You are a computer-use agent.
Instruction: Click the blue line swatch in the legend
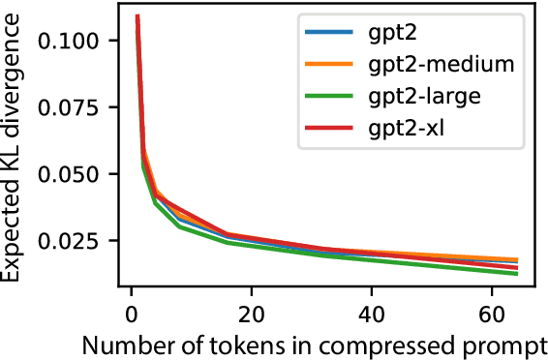325,34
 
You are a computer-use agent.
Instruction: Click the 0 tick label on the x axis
131,315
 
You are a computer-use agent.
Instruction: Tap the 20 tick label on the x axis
251,315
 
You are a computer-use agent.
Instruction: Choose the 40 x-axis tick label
371,315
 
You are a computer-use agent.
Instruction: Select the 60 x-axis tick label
491,315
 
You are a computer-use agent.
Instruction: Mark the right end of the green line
518,274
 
